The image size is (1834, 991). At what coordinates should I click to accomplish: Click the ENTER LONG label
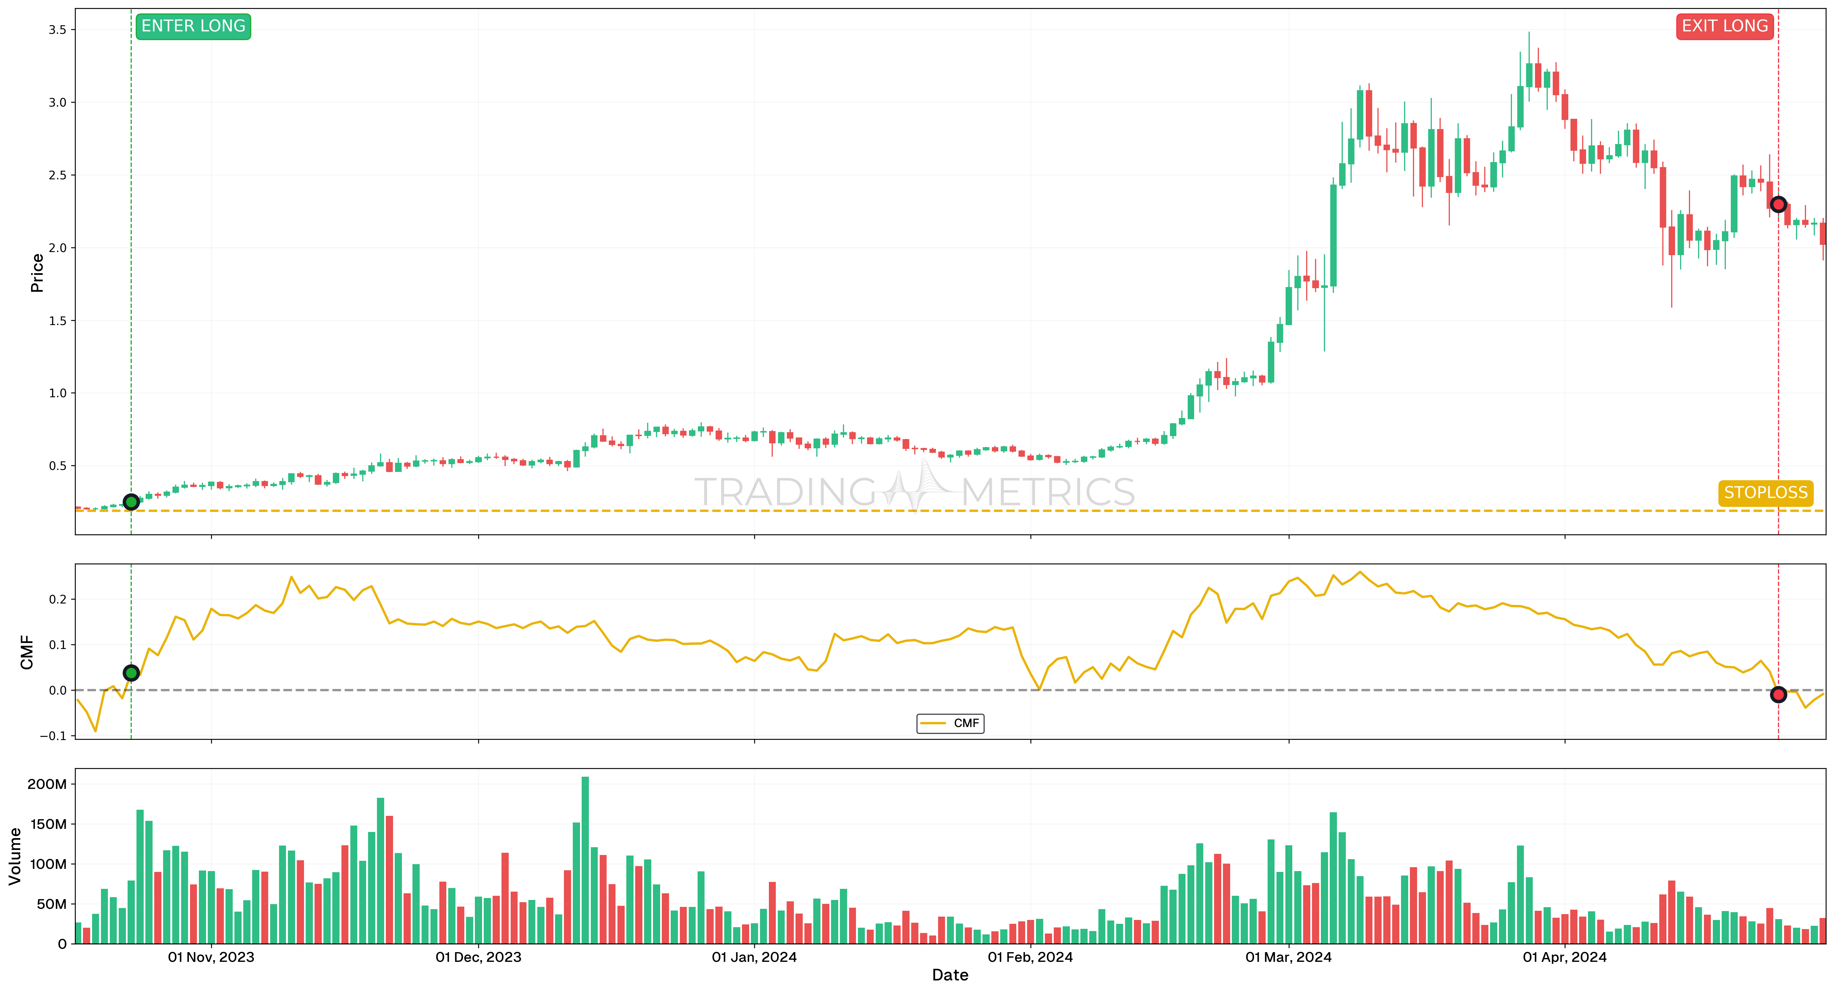(x=193, y=26)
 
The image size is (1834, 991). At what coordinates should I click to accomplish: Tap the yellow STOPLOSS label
(x=1765, y=493)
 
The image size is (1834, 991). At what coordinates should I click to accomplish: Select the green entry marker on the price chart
(x=131, y=502)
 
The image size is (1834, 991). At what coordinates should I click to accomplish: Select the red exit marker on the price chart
(x=1778, y=205)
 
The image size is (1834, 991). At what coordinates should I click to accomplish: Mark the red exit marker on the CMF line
(x=1778, y=695)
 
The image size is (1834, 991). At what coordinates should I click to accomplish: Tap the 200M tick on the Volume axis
(x=47, y=784)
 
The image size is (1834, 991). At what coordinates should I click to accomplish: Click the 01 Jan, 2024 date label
(x=754, y=957)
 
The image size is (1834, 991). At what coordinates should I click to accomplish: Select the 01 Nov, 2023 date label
(x=211, y=957)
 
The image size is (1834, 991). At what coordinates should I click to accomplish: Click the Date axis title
(x=950, y=975)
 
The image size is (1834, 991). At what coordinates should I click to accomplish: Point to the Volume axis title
(x=14, y=856)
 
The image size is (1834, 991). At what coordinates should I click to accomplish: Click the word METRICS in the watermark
(x=1048, y=492)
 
